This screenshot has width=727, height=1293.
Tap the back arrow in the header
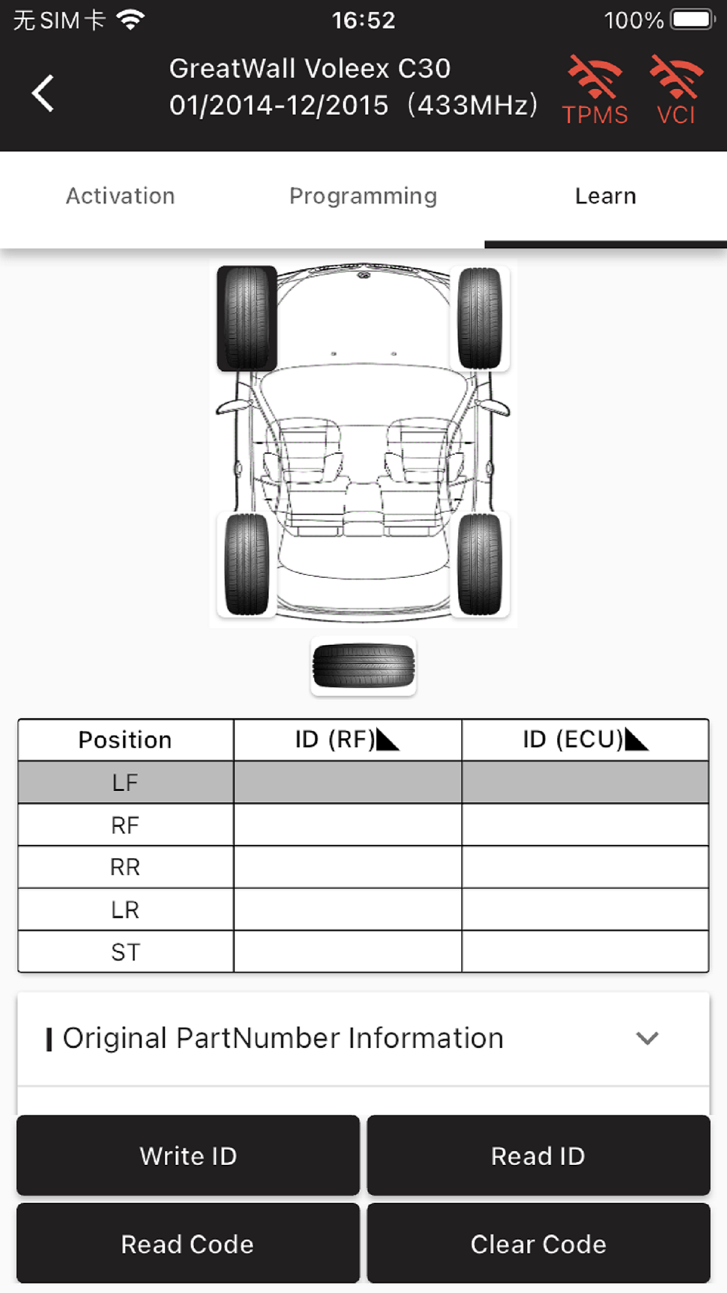[x=43, y=93]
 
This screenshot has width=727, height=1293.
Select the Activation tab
[x=121, y=196]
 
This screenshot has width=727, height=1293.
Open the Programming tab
[x=363, y=196]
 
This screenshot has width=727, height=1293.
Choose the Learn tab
[x=606, y=196]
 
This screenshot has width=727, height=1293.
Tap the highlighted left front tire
[x=247, y=318]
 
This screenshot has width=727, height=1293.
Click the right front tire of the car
[x=480, y=318]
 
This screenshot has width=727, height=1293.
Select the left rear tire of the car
[x=247, y=564]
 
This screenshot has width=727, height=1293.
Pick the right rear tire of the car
[x=480, y=564]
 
